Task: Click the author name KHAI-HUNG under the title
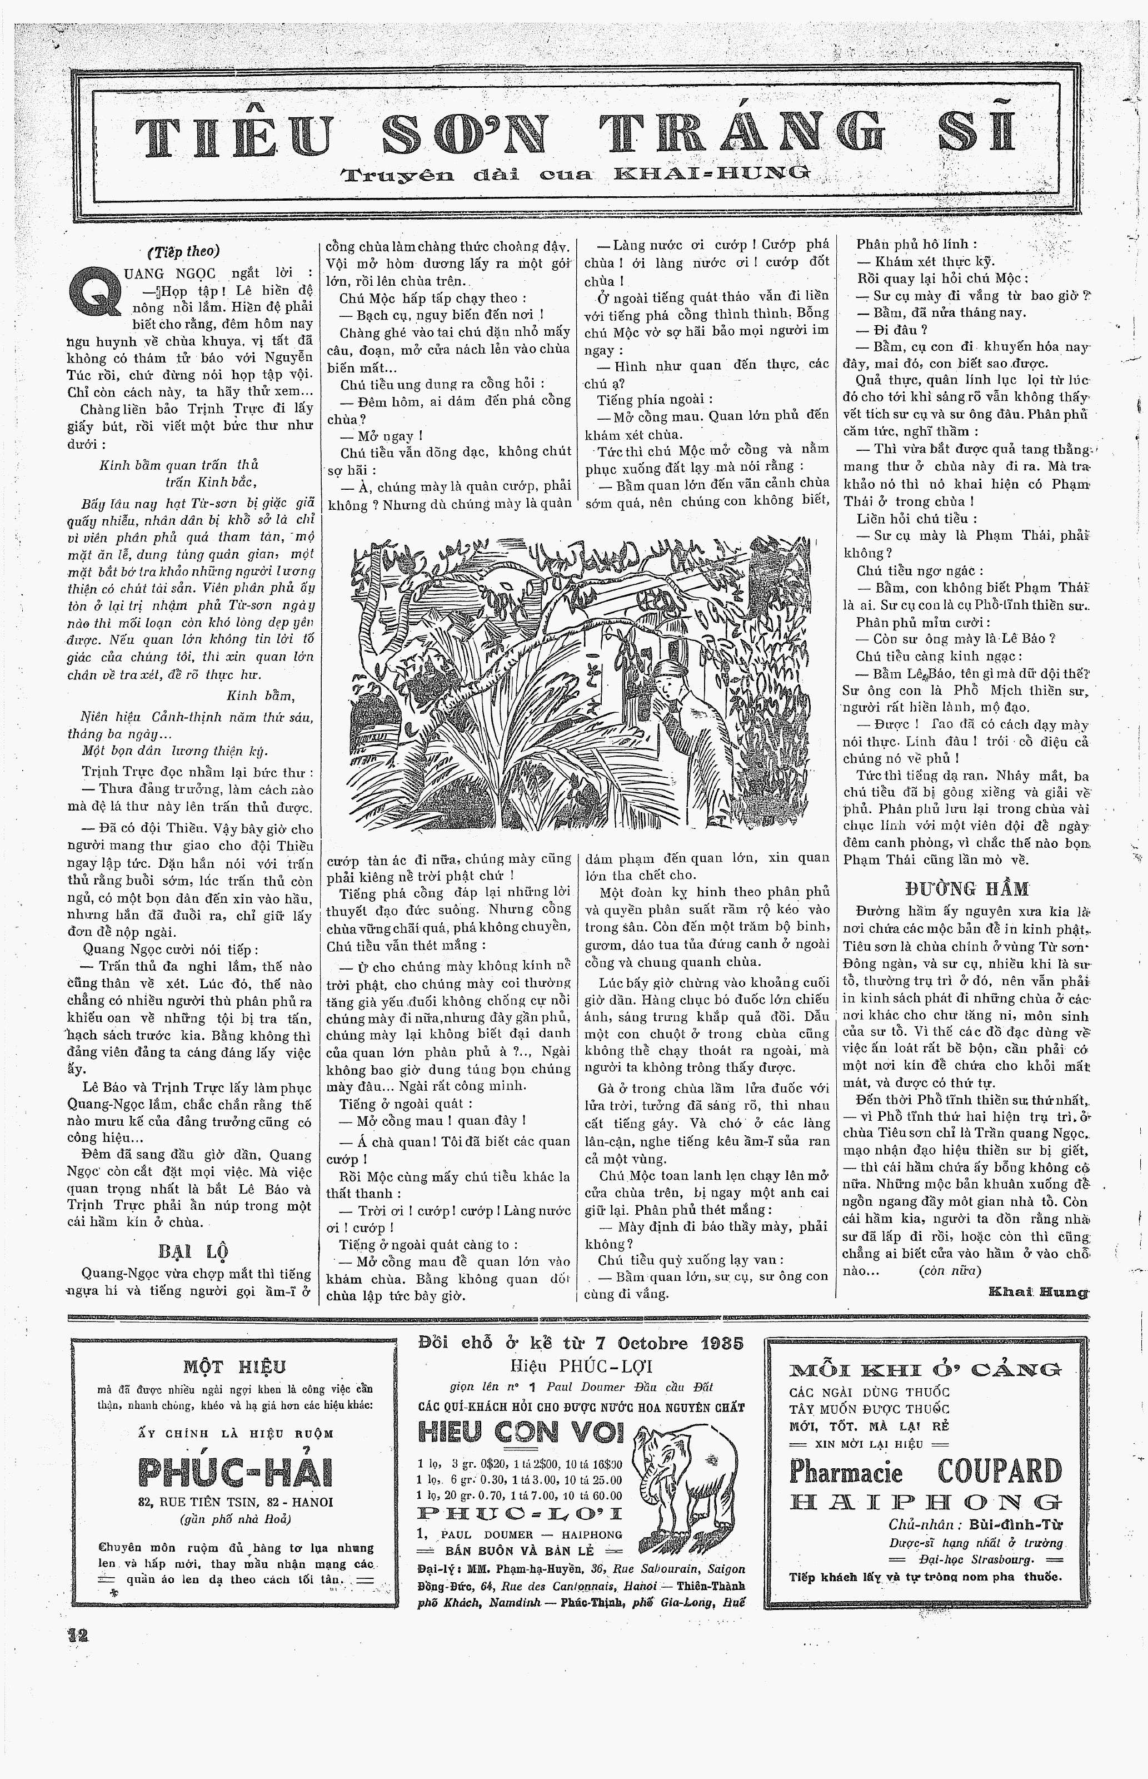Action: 711,175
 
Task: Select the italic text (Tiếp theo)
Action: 183,251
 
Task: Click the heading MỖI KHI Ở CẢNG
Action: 925,1369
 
